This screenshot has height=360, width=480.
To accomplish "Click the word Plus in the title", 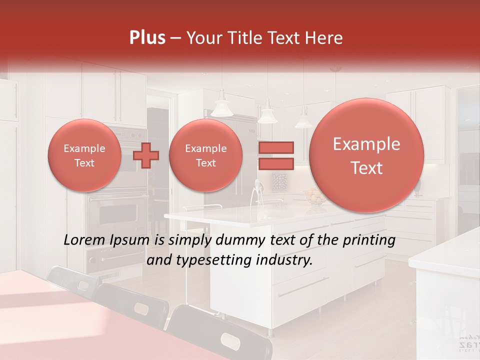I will (x=147, y=38).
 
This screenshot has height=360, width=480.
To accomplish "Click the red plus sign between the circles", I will (x=146, y=155).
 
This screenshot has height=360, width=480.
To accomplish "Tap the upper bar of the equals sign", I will (x=276, y=147).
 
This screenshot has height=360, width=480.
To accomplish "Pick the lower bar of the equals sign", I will (x=276, y=164).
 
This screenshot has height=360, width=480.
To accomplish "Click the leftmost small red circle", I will (x=84, y=155).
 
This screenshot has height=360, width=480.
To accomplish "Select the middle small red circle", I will (x=205, y=155).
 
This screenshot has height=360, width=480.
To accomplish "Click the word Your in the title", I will (x=202, y=38).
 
